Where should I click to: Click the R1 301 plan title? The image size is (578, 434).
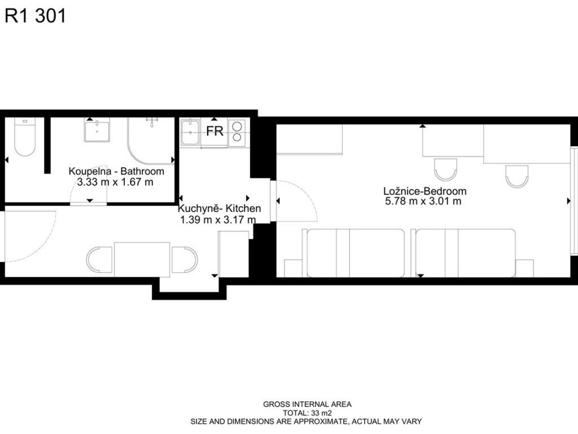point(35,16)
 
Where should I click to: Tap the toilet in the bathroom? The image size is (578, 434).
point(25,137)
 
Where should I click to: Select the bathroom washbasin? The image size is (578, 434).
point(97,131)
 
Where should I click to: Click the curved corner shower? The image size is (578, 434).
point(151,141)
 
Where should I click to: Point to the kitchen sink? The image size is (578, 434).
point(190,132)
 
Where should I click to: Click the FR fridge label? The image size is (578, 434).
point(214,131)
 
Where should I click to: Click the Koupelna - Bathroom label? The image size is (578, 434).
point(116,171)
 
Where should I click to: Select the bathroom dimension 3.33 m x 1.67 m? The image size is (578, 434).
point(115,182)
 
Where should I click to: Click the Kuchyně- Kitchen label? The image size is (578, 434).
point(220,208)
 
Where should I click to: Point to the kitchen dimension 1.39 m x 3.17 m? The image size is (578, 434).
point(218,220)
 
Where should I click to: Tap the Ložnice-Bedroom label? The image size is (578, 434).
point(425,191)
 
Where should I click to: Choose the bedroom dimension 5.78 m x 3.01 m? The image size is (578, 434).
point(423,201)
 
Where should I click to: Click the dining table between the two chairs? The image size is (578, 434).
point(142,259)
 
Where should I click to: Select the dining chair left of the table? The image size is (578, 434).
point(99,260)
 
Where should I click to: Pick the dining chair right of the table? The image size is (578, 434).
point(185,260)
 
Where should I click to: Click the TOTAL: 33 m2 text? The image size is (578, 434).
point(307,413)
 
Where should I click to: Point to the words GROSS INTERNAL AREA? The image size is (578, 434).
point(307,405)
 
